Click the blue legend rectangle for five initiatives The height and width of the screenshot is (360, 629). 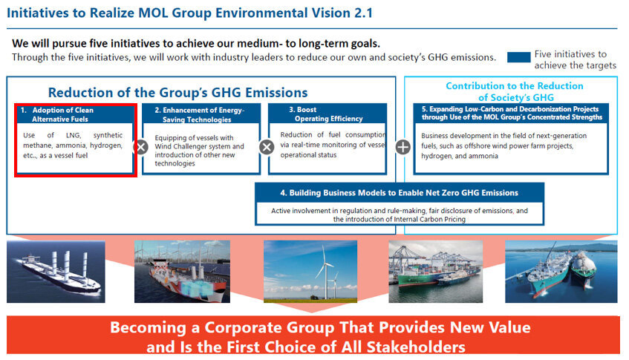pyautogui.click(x=518, y=57)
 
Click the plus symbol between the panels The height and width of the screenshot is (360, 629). pyautogui.click(x=403, y=147)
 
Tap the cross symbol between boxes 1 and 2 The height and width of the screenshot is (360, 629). pyautogui.click(x=141, y=147)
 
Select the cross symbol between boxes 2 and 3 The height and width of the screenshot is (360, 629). pyautogui.click(x=267, y=147)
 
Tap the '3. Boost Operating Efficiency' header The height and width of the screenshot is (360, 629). pyautogui.click(x=327, y=114)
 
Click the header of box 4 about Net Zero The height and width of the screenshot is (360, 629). pyautogui.click(x=399, y=193)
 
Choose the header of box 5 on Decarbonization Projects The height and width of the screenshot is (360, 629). pyautogui.click(x=511, y=113)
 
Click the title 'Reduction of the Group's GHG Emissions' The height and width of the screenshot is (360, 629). pyautogui.click(x=177, y=93)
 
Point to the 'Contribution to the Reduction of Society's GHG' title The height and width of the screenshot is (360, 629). pyautogui.click(x=515, y=91)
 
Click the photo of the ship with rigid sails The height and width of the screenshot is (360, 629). pyautogui.click(x=56, y=272)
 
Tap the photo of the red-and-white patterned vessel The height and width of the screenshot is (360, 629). pyautogui.click(x=182, y=272)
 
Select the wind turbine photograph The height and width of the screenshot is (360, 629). pyautogui.click(x=310, y=272)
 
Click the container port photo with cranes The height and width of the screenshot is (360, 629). pyautogui.click(x=436, y=272)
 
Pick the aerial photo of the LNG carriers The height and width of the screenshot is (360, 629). pyautogui.click(x=561, y=272)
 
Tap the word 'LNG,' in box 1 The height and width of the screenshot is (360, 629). pyautogui.click(x=74, y=136)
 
